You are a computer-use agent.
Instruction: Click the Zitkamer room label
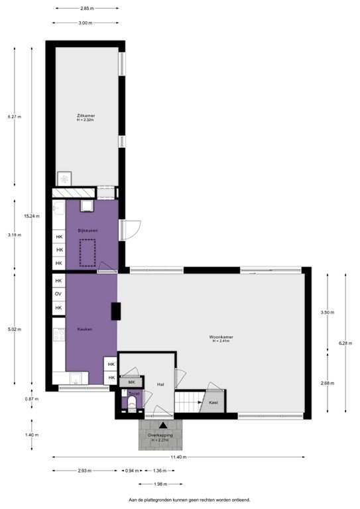coord(86,115)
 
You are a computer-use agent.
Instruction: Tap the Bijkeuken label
coord(88,230)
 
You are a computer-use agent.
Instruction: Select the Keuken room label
coord(84,329)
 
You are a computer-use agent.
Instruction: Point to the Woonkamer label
coord(223,337)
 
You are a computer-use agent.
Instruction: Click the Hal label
coord(160,384)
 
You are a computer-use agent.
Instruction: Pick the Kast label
coord(213,402)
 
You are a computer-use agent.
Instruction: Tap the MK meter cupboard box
coord(131,382)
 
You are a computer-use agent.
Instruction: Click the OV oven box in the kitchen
coord(58,294)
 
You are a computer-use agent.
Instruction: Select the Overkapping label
coord(160,435)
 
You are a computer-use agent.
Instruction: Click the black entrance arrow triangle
coord(162,424)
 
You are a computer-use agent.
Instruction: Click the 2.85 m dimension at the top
coord(86,9)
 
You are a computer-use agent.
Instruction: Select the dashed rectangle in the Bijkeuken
coord(88,253)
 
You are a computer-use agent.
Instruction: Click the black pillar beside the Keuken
coord(115,311)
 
